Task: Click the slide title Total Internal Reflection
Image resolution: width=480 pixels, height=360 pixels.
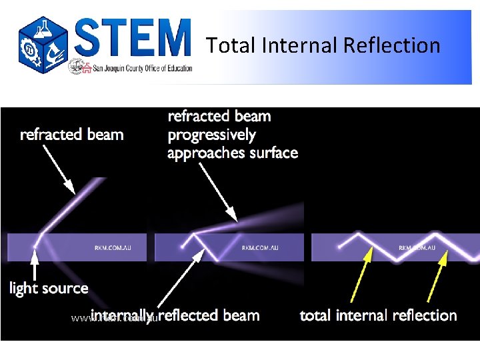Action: pyautogui.click(x=323, y=45)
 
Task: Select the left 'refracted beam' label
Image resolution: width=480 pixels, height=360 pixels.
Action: pyautogui.click(x=72, y=135)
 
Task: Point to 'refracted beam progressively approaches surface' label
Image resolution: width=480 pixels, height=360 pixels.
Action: pyautogui.click(x=232, y=135)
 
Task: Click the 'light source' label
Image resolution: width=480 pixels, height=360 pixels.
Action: pyautogui.click(x=49, y=289)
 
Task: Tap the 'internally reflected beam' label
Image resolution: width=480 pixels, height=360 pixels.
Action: pyautogui.click(x=175, y=315)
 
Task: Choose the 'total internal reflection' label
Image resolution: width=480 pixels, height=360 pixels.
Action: pyautogui.click(x=378, y=315)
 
